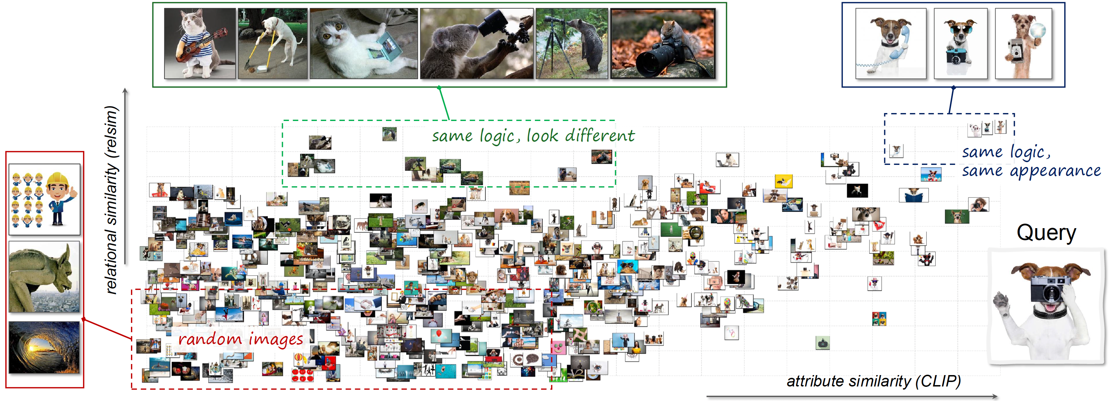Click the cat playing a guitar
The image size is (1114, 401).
(200, 43)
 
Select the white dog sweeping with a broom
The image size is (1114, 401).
(272, 43)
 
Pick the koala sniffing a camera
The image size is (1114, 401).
(476, 43)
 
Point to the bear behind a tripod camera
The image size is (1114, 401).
(572, 43)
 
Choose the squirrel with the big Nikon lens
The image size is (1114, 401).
(662, 43)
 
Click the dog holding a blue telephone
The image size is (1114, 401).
(891, 43)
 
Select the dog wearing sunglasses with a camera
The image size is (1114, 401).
(961, 43)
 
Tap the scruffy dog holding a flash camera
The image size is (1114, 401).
(1023, 43)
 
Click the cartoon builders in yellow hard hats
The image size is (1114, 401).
(45, 199)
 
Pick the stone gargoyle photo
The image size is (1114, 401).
(45, 277)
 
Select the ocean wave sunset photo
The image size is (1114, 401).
(45, 347)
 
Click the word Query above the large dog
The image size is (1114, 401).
(1046, 233)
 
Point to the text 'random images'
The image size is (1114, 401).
(240, 339)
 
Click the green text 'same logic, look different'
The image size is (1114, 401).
(533, 136)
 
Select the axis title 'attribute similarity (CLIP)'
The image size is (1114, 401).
(874, 381)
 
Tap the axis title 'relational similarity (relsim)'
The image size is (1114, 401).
(112, 200)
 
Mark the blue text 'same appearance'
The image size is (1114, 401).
(1031, 171)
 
